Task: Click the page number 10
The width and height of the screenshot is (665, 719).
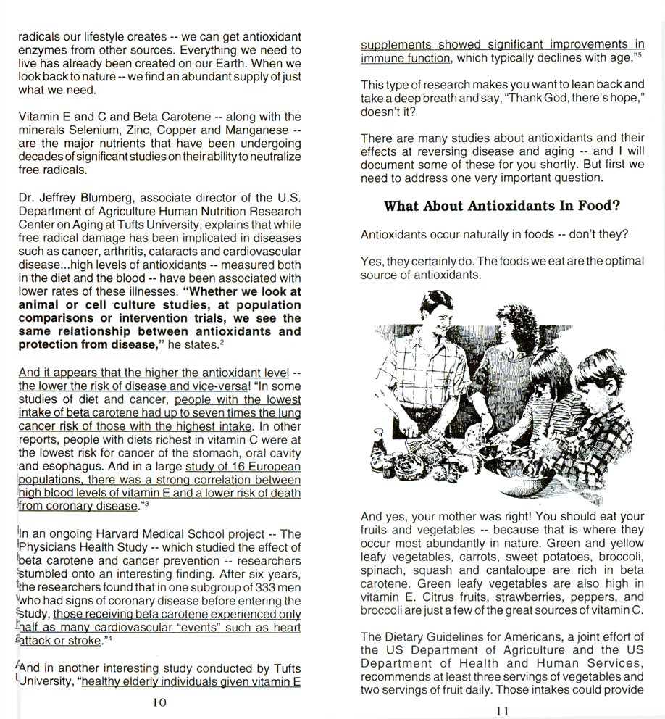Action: [x=160, y=702]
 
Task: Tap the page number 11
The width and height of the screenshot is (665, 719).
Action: [x=503, y=711]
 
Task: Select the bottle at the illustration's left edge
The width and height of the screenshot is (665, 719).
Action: [x=379, y=443]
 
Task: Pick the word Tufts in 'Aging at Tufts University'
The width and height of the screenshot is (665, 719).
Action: [x=125, y=225]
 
